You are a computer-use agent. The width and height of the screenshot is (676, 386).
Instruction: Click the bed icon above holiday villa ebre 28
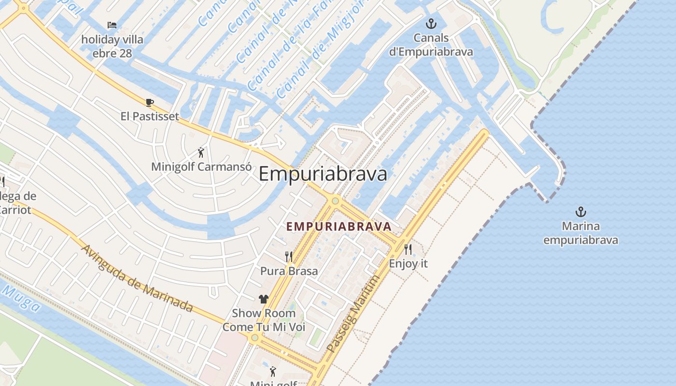coord(112,25)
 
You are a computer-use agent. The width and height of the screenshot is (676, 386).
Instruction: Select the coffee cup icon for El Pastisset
coord(149,102)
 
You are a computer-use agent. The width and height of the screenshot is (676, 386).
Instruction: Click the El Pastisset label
coord(150,116)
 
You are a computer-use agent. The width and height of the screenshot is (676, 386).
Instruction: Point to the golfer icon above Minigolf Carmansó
coord(201,153)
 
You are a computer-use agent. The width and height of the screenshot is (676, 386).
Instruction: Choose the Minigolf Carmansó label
coord(201,167)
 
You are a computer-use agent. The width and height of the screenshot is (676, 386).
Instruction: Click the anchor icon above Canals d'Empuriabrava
coord(431,24)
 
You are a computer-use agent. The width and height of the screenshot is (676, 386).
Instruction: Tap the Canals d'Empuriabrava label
coord(431,45)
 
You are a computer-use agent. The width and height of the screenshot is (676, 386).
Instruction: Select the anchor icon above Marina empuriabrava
coord(580,212)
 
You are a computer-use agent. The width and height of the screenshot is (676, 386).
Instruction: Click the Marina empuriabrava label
coord(580,233)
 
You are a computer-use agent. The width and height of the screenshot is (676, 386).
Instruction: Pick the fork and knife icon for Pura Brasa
coord(289,256)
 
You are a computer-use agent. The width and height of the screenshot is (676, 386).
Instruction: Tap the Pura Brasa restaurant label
coord(289,271)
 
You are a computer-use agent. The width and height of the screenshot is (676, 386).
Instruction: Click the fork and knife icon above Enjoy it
coord(408,249)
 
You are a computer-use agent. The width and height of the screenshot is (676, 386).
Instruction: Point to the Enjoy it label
coord(408,264)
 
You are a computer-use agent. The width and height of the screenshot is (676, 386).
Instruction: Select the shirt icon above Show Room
coord(263,299)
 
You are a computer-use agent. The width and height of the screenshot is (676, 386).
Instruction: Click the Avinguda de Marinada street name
coord(137,278)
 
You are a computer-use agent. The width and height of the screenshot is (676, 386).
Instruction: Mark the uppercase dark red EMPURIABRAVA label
coord(338,226)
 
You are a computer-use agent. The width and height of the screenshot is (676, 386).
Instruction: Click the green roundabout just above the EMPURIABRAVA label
coord(335,201)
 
